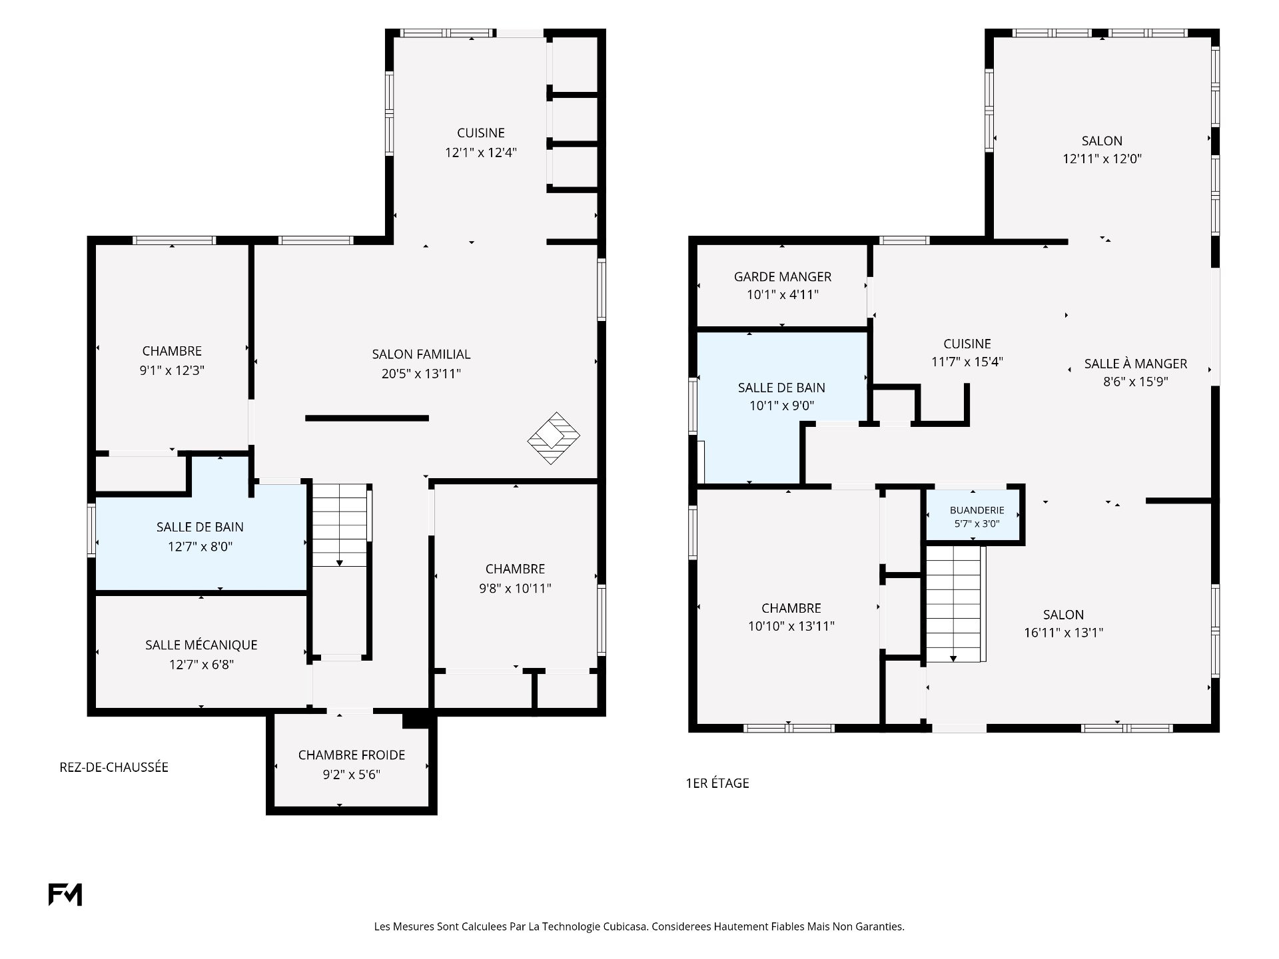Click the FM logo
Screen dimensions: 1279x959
65,894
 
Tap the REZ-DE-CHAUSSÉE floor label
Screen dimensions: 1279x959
114,767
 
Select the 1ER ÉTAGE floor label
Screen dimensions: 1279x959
717,783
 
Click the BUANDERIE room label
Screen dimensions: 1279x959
977,510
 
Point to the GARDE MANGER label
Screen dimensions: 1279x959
783,276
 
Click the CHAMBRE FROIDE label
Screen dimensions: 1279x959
352,755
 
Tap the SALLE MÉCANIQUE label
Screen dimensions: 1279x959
201,645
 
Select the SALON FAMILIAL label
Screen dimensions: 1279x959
421,354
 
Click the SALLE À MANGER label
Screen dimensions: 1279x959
1136,364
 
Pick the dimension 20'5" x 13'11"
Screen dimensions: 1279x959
421,374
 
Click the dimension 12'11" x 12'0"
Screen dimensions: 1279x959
1102,159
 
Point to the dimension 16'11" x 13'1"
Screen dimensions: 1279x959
1064,633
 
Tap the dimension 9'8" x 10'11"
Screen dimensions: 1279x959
515,588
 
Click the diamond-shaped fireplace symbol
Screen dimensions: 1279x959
554,438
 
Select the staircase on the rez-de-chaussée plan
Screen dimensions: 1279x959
340,525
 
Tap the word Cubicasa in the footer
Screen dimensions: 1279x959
626,926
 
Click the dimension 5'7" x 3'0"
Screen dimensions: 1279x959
977,523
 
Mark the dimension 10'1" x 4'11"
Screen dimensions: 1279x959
783,294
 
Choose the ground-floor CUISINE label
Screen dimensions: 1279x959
481,133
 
